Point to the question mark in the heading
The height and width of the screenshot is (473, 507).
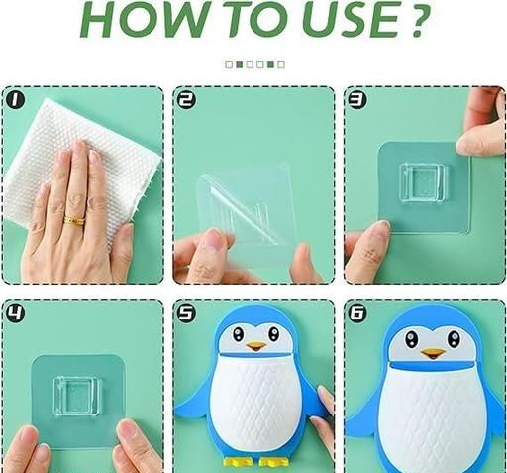(419, 19)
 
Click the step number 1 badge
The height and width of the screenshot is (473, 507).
(15, 99)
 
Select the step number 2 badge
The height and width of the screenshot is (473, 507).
(186, 99)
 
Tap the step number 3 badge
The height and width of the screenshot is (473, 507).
(357, 99)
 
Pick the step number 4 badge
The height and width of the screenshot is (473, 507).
(15, 313)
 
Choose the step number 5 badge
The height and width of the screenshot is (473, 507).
(186, 313)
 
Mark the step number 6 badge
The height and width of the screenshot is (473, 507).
(357, 313)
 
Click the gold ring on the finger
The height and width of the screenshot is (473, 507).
(74, 220)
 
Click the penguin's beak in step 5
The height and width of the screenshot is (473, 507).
(256, 346)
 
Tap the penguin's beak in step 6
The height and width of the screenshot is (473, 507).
(433, 354)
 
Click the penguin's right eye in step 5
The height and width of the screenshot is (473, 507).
(273, 333)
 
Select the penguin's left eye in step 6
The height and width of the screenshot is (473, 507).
(411, 338)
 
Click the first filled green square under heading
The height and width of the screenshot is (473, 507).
(240, 64)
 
